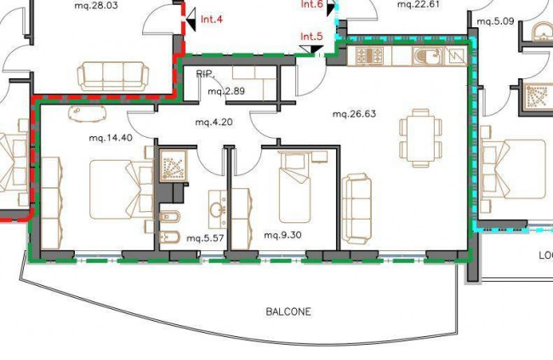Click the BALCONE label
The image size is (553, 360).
(x=288, y=311)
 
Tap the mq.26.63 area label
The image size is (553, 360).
(x=354, y=114)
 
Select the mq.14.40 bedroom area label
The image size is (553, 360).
(x=111, y=138)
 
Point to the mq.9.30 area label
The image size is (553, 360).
(x=282, y=235)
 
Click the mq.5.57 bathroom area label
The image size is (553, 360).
(x=205, y=238)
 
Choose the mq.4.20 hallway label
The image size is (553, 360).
(x=214, y=122)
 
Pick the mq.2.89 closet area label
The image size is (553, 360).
(x=226, y=91)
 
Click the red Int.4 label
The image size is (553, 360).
(x=212, y=19)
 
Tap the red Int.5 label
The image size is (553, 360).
(x=311, y=37)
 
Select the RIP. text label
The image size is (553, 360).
(x=205, y=74)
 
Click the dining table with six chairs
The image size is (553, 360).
(x=420, y=138)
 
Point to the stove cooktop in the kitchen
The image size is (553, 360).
(x=369, y=56)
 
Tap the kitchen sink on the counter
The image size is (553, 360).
(x=428, y=56)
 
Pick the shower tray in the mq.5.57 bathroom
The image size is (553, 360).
(x=173, y=165)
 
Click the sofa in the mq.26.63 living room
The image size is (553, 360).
(x=356, y=209)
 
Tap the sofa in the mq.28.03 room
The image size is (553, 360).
(x=113, y=77)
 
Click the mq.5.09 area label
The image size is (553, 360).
(x=495, y=21)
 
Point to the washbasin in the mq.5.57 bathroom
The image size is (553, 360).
(x=217, y=209)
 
